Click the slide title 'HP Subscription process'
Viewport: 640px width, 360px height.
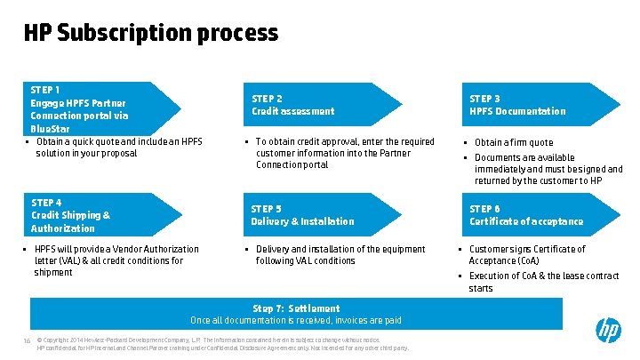[x=151, y=34]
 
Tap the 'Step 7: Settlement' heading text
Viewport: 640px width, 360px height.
[x=296, y=308]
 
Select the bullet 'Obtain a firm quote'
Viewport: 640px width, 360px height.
[x=514, y=142]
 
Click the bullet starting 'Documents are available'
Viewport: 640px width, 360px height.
[x=548, y=169]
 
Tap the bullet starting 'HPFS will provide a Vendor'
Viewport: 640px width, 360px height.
[x=116, y=260]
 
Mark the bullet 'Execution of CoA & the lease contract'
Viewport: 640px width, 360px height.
[x=543, y=282]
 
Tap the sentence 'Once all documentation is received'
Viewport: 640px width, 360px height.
[x=296, y=320]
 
